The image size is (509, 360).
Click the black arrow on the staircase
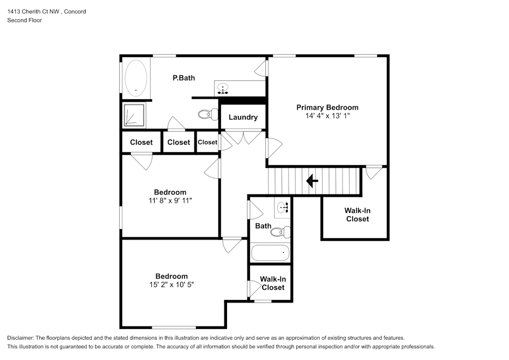(312, 180)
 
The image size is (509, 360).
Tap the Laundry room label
(243, 117)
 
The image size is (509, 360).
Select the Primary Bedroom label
(327, 107)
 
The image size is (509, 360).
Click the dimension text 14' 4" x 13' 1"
(327, 116)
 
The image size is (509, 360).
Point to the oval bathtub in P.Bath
(136, 78)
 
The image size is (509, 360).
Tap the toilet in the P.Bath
(205, 114)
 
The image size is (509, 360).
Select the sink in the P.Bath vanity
(223, 89)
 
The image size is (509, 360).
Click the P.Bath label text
(183, 78)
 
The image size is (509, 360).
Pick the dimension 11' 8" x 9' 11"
(170, 200)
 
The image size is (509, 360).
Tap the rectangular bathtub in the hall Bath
(270, 252)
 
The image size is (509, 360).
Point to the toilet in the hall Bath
(279, 232)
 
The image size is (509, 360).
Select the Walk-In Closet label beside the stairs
(356, 214)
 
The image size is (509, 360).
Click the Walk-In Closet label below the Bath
(273, 283)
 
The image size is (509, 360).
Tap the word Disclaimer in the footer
(20, 338)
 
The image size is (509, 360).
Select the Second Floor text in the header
(24, 20)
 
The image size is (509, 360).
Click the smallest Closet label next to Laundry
(207, 142)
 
